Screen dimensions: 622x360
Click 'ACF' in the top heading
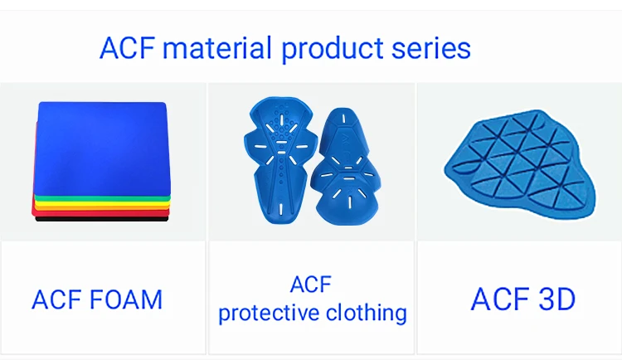pyautogui.click(x=128, y=47)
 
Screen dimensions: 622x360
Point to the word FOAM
pyautogui.click(x=126, y=299)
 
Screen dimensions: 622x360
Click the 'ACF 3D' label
pyautogui.click(x=522, y=299)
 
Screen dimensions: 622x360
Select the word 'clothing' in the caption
pyautogui.click(x=366, y=313)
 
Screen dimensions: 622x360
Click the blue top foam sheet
pyautogui.click(x=102, y=148)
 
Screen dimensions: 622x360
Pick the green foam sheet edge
pyautogui.click(x=102, y=198)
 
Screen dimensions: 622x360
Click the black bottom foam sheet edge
pyautogui.click(x=102, y=219)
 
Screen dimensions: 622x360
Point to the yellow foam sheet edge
pyautogui.click(x=102, y=203)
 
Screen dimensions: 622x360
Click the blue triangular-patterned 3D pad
pyautogui.click(x=520, y=163)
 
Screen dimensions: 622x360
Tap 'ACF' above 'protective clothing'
pyautogui.click(x=311, y=285)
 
